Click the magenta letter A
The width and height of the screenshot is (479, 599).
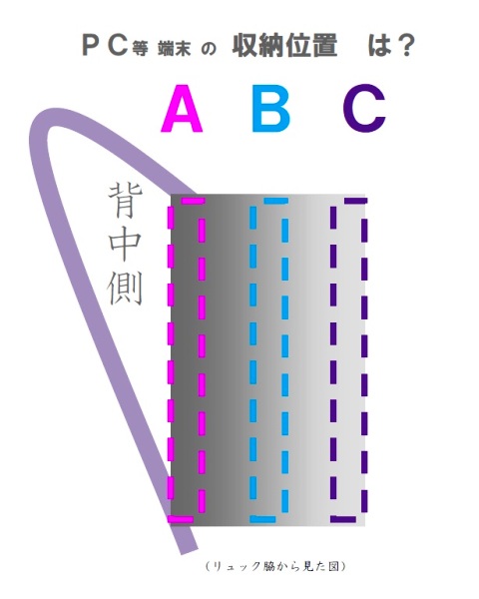click(x=182, y=108)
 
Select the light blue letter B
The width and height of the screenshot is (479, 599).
click(x=270, y=108)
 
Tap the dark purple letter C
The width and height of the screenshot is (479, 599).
click(x=364, y=109)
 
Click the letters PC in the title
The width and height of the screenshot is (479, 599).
click(x=105, y=46)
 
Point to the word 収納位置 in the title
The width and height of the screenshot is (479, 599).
click(x=285, y=46)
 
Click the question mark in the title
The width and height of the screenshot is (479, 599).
click(x=404, y=46)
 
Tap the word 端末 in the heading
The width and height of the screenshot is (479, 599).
click(x=175, y=49)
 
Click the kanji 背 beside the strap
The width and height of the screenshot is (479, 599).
click(x=126, y=201)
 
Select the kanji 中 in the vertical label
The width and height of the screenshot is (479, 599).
click(x=126, y=245)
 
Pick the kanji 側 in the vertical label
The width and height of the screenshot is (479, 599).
click(x=126, y=288)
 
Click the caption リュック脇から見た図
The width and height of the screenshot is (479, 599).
click(x=275, y=566)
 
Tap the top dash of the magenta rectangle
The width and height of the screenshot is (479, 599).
click(x=193, y=201)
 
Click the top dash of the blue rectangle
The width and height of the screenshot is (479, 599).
click(x=275, y=201)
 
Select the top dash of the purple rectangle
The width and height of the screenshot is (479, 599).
click(x=355, y=201)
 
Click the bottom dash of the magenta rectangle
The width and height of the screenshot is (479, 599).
click(x=181, y=519)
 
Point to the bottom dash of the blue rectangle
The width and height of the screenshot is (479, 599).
click(x=262, y=519)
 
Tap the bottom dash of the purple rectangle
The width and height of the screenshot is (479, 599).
click(x=343, y=519)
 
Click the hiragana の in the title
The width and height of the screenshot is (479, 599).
click(x=209, y=49)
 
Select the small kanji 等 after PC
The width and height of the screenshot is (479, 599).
click(x=140, y=49)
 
